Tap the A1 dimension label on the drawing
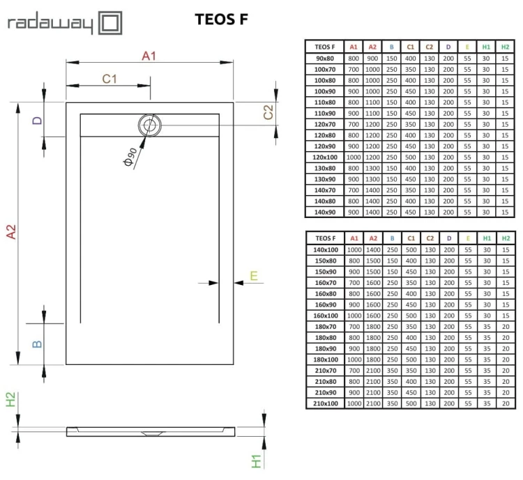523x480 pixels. [x=149, y=56]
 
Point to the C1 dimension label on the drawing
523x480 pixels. [x=109, y=79]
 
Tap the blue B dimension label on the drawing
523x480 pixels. [x=38, y=343]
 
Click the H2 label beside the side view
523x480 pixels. [x=11, y=400]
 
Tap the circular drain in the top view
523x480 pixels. [x=149, y=125]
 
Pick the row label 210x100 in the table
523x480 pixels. [x=325, y=403]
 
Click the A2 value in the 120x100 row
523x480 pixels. [x=373, y=157]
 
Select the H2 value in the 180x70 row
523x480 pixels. [x=504, y=326]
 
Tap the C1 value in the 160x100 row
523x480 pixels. [x=411, y=315]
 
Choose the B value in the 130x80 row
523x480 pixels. [x=392, y=169]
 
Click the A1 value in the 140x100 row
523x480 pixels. [x=354, y=249]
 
